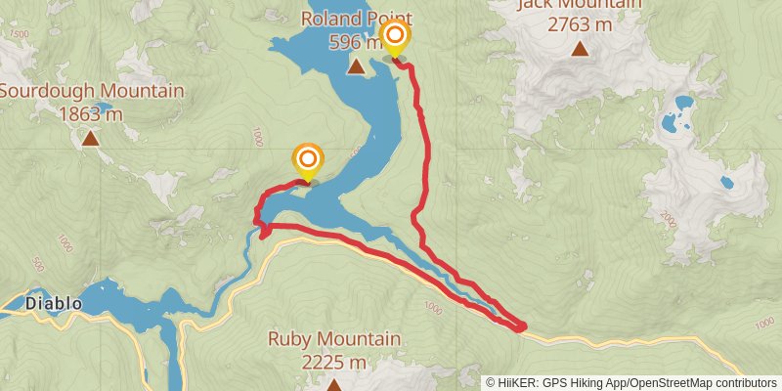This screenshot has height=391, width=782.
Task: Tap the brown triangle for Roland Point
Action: (x=357, y=66)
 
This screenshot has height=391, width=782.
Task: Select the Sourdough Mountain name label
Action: (x=91, y=91)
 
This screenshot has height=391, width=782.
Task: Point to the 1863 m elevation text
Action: (x=91, y=113)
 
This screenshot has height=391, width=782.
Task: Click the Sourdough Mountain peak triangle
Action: (x=91, y=138)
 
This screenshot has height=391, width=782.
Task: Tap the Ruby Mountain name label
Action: (x=334, y=339)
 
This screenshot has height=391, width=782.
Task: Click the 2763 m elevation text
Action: (x=581, y=24)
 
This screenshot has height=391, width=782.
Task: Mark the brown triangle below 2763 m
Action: (x=581, y=49)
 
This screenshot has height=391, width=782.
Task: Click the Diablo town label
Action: (x=54, y=304)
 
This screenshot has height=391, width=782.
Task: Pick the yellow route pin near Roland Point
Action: (x=394, y=38)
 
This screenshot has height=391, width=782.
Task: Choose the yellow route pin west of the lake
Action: (x=309, y=159)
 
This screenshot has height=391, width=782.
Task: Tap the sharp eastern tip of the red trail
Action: (x=526, y=326)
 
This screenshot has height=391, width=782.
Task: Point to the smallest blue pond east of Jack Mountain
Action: (x=726, y=182)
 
